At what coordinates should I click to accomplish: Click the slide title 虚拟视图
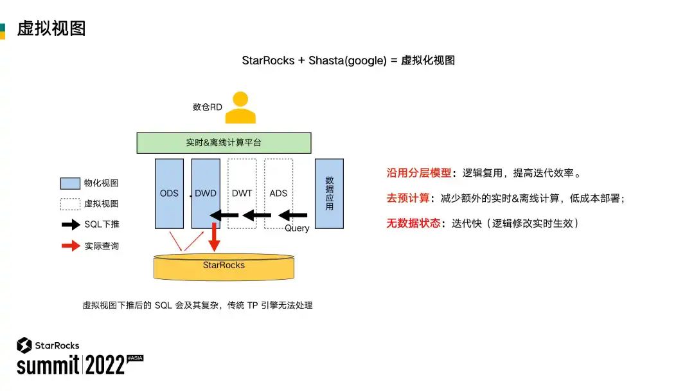pyautogui.click(x=51, y=29)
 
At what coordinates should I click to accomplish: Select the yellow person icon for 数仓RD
pyautogui.click(x=240, y=108)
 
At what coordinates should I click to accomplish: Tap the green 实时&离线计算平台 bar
pyautogui.click(x=224, y=143)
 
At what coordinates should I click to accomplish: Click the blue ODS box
pyautogui.click(x=169, y=193)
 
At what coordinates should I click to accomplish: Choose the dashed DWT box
pyautogui.click(x=242, y=186)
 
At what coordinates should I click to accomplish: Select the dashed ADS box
pyautogui.click(x=278, y=186)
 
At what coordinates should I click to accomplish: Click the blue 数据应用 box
pyautogui.click(x=329, y=193)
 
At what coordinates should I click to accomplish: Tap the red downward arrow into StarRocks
pyautogui.click(x=215, y=238)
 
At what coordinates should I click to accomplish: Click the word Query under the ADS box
pyautogui.click(x=297, y=228)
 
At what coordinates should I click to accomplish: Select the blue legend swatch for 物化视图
pyautogui.click(x=69, y=183)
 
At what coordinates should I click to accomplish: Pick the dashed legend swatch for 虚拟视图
pyautogui.click(x=69, y=204)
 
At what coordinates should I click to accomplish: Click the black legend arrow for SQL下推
pyautogui.click(x=70, y=225)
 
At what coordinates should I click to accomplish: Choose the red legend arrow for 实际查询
pyautogui.click(x=70, y=246)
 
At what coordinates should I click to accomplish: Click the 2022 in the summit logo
pyautogui.click(x=105, y=365)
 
